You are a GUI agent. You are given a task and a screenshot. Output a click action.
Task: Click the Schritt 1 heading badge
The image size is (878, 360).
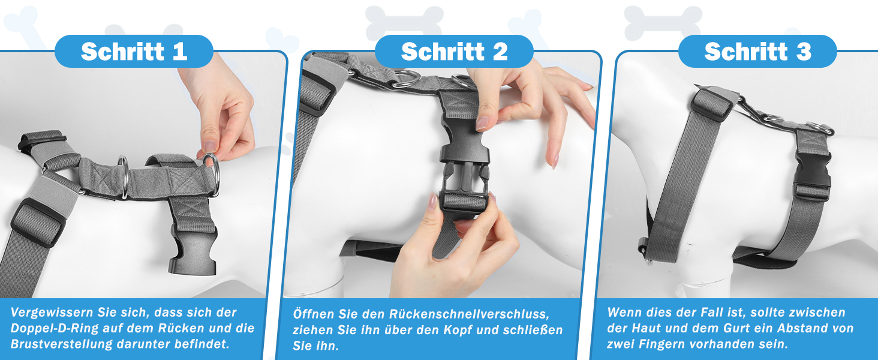click(134, 52)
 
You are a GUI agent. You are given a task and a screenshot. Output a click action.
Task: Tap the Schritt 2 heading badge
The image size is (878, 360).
click(454, 52)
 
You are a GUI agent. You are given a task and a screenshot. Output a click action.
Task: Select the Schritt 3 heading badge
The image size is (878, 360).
click(757, 52)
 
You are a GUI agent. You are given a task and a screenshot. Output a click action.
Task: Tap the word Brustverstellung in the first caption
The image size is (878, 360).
click(61, 344)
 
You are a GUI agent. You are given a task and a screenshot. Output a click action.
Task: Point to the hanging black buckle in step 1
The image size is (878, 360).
click(193, 250)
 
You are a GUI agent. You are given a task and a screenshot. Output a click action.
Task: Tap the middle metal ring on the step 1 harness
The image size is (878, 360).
click(124, 176)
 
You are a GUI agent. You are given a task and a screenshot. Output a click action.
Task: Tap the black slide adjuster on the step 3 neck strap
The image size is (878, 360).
click(711, 104)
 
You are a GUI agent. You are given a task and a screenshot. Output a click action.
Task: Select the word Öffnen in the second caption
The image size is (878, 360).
click(312, 314)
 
